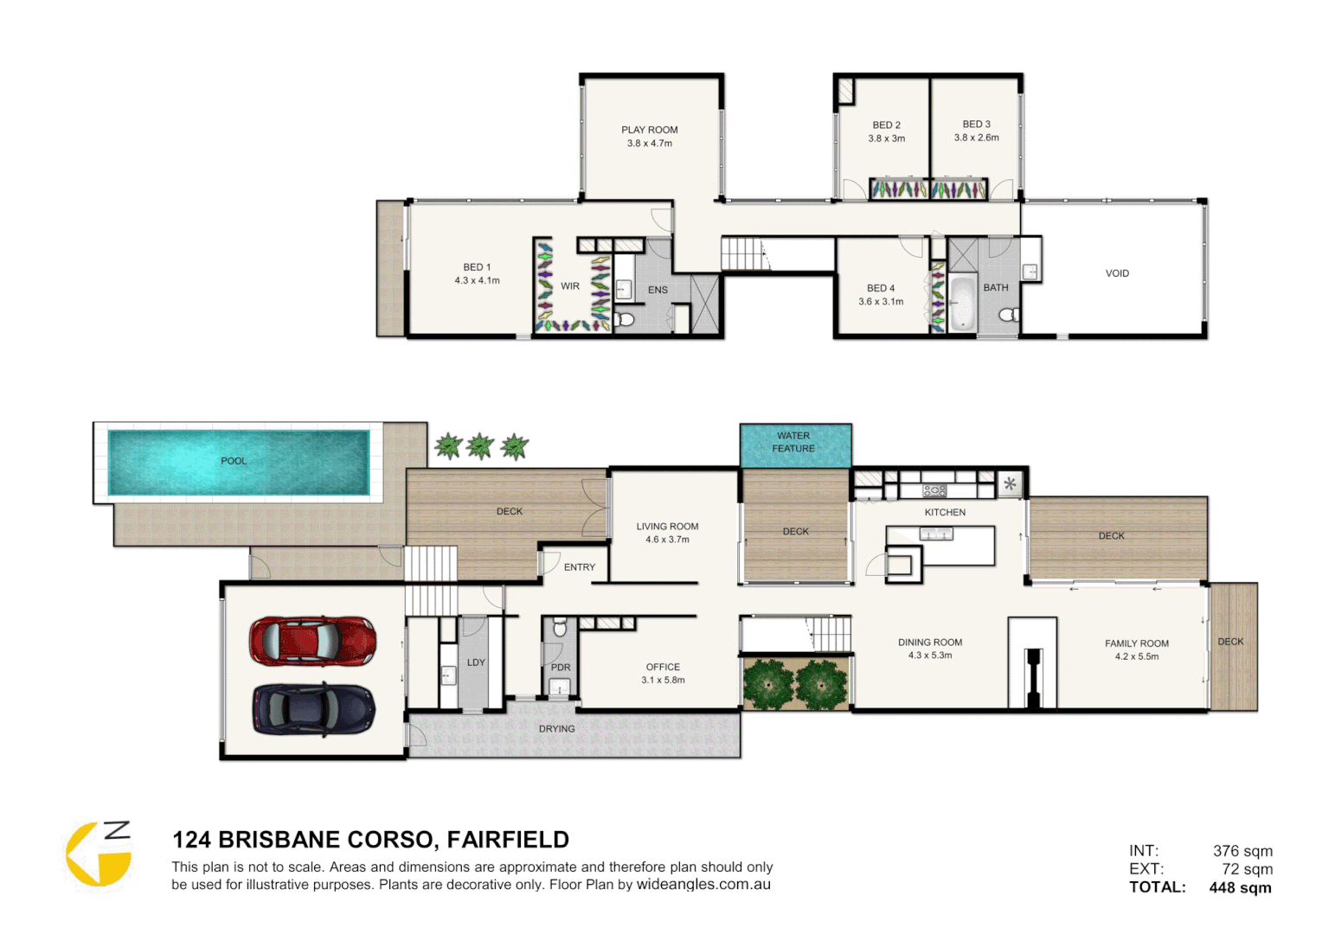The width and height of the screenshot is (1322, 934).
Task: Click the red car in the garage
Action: [312, 641]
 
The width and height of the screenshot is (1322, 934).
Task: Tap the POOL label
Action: [234, 461]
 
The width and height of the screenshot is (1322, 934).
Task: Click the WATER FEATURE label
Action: [793, 442]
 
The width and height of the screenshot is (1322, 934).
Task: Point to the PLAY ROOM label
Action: [649, 130]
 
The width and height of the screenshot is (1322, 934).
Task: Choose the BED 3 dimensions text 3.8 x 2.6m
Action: [976, 138]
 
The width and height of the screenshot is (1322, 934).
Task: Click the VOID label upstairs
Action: [1116, 273]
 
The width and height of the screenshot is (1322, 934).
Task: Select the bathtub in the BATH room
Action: [961, 303]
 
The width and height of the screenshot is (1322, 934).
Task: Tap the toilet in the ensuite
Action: [625, 319]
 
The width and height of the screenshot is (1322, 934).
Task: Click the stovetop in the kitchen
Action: [934, 490]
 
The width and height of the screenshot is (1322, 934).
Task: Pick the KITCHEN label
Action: [945, 512]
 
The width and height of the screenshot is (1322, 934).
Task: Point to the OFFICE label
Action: [663, 667]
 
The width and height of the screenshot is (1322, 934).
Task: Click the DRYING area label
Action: [556, 729]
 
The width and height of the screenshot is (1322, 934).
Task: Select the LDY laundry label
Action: [476, 662]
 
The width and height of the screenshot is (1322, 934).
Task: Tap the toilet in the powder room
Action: [559, 627]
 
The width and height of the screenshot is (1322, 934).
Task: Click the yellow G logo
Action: [97, 854]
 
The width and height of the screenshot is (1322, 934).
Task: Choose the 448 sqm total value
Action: [1240, 887]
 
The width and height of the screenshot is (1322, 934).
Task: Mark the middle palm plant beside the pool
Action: [480, 446]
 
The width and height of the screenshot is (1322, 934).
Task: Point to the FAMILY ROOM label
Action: [1136, 643]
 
